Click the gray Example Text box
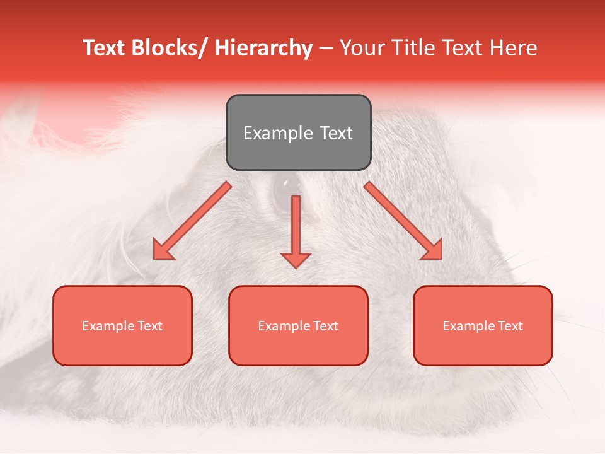(x=298, y=132)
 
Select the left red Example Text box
(x=122, y=325)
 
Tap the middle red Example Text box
(x=298, y=325)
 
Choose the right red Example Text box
(x=483, y=325)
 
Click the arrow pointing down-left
(x=192, y=221)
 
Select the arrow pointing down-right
(x=403, y=221)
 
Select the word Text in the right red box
(x=510, y=325)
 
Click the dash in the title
(x=326, y=49)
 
